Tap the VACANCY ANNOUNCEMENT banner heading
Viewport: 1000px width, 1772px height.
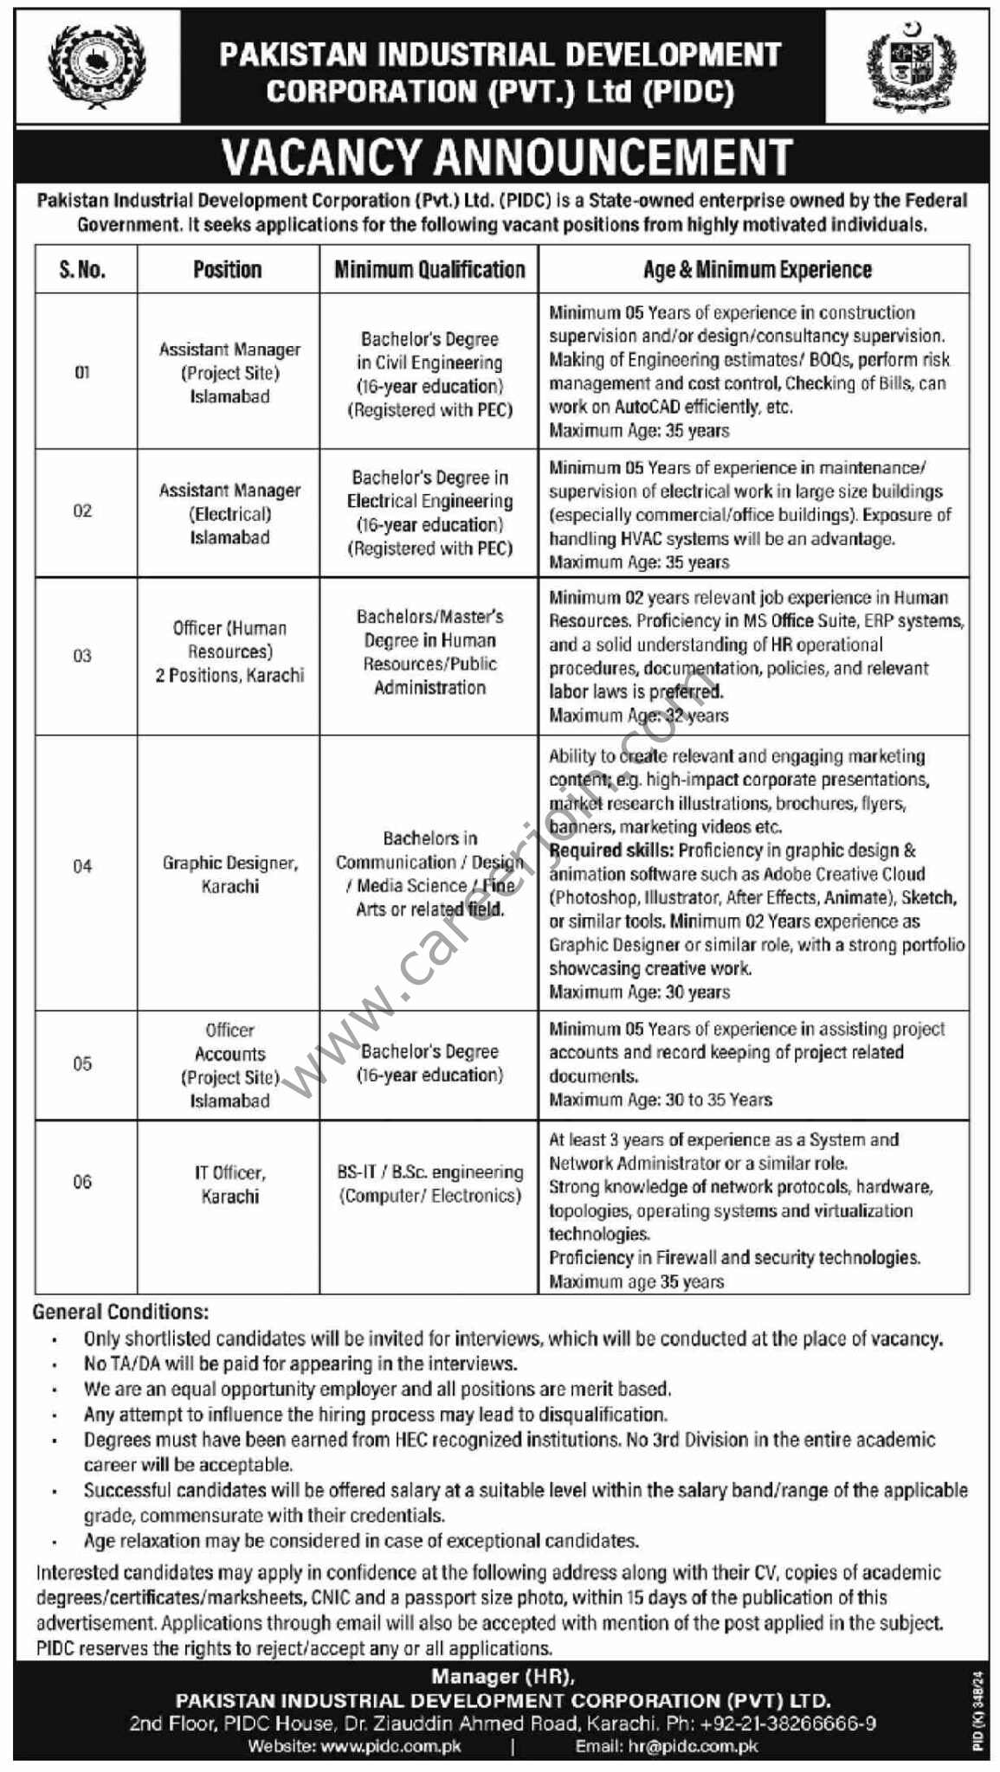pos(506,157)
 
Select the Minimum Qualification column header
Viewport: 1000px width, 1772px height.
pos(429,270)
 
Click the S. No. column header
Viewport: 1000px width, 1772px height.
pos(83,270)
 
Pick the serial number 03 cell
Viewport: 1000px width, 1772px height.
pos(82,656)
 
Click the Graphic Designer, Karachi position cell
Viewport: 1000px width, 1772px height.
pos(229,874)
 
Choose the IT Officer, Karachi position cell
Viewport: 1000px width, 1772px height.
pos(229,1185)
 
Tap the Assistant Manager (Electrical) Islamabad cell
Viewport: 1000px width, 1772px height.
pos(229,513)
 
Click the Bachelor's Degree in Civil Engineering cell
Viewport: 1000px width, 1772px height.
pos(429,374)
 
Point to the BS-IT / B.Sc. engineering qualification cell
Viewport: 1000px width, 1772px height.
pos(429,1184)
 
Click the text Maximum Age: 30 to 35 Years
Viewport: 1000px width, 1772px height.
pos(661,1100)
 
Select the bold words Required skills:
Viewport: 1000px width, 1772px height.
pos(611,851)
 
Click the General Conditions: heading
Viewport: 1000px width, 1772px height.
pos(120,1312)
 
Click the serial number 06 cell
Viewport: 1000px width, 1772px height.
pos(82,1182)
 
